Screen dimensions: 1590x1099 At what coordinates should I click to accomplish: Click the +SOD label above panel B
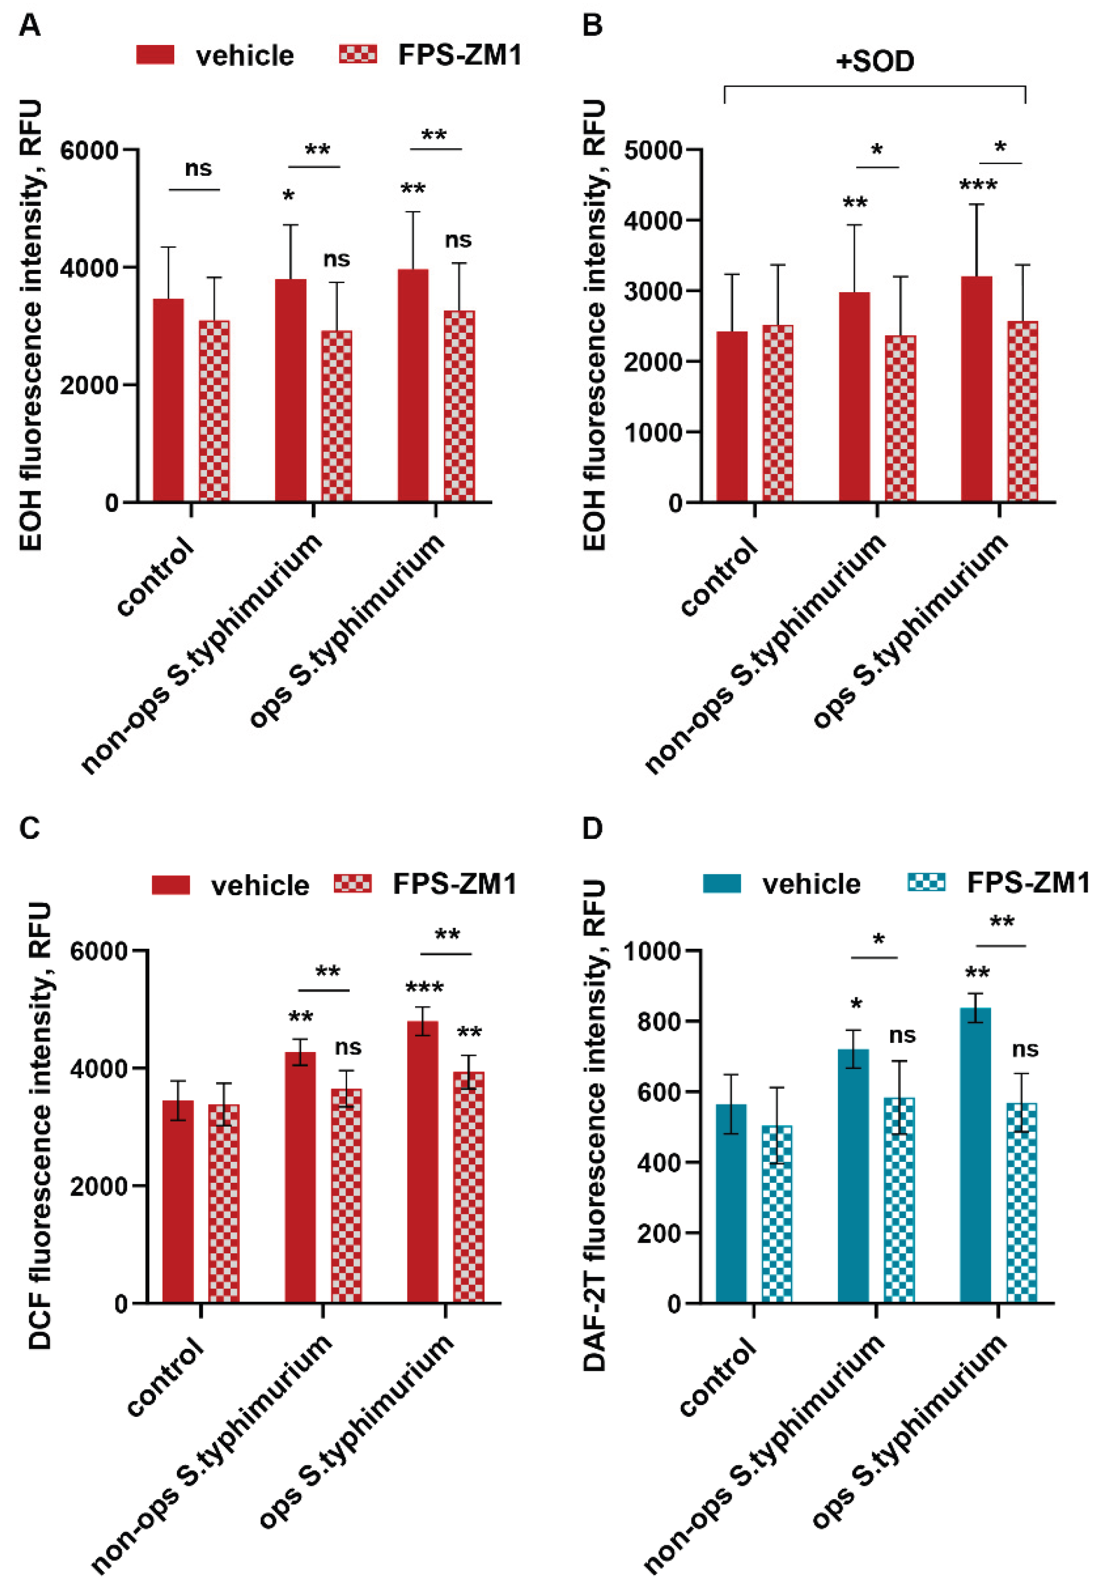tap(875, 62)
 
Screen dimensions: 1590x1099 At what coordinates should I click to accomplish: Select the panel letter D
tap(592, 828)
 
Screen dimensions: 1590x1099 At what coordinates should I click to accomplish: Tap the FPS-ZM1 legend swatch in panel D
tap(927, 882)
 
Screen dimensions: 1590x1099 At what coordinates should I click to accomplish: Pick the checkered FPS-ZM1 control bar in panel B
tap(777, 412)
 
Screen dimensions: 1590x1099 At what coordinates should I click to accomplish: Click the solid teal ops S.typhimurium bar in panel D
tap(975, 1156)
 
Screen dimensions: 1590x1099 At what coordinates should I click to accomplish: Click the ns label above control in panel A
tap(198, 169)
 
